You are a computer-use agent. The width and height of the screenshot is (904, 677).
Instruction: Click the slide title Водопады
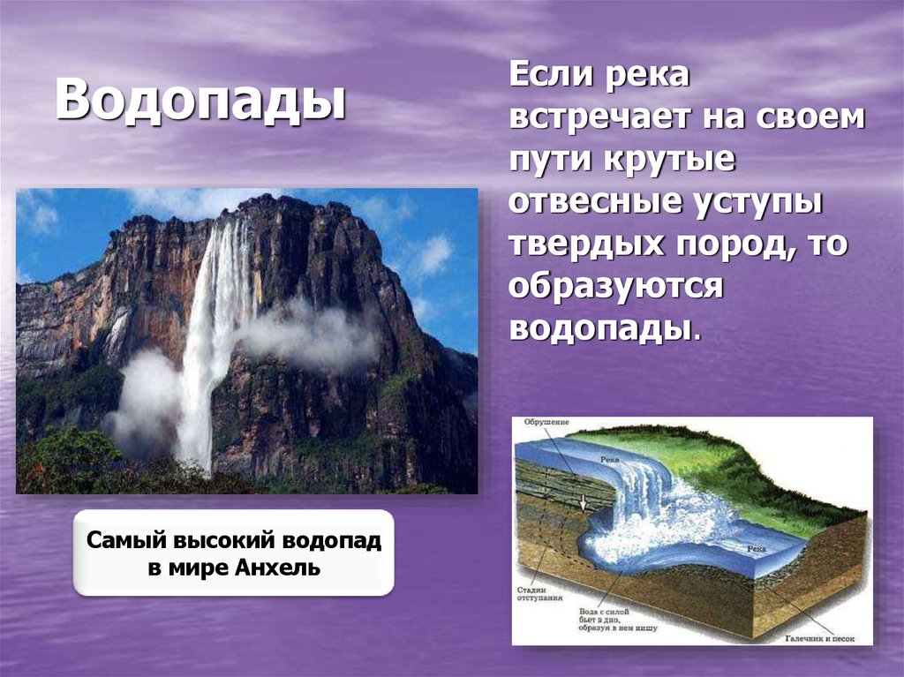point(201,101)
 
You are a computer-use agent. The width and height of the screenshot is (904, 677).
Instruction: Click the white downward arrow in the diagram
point(583,504)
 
